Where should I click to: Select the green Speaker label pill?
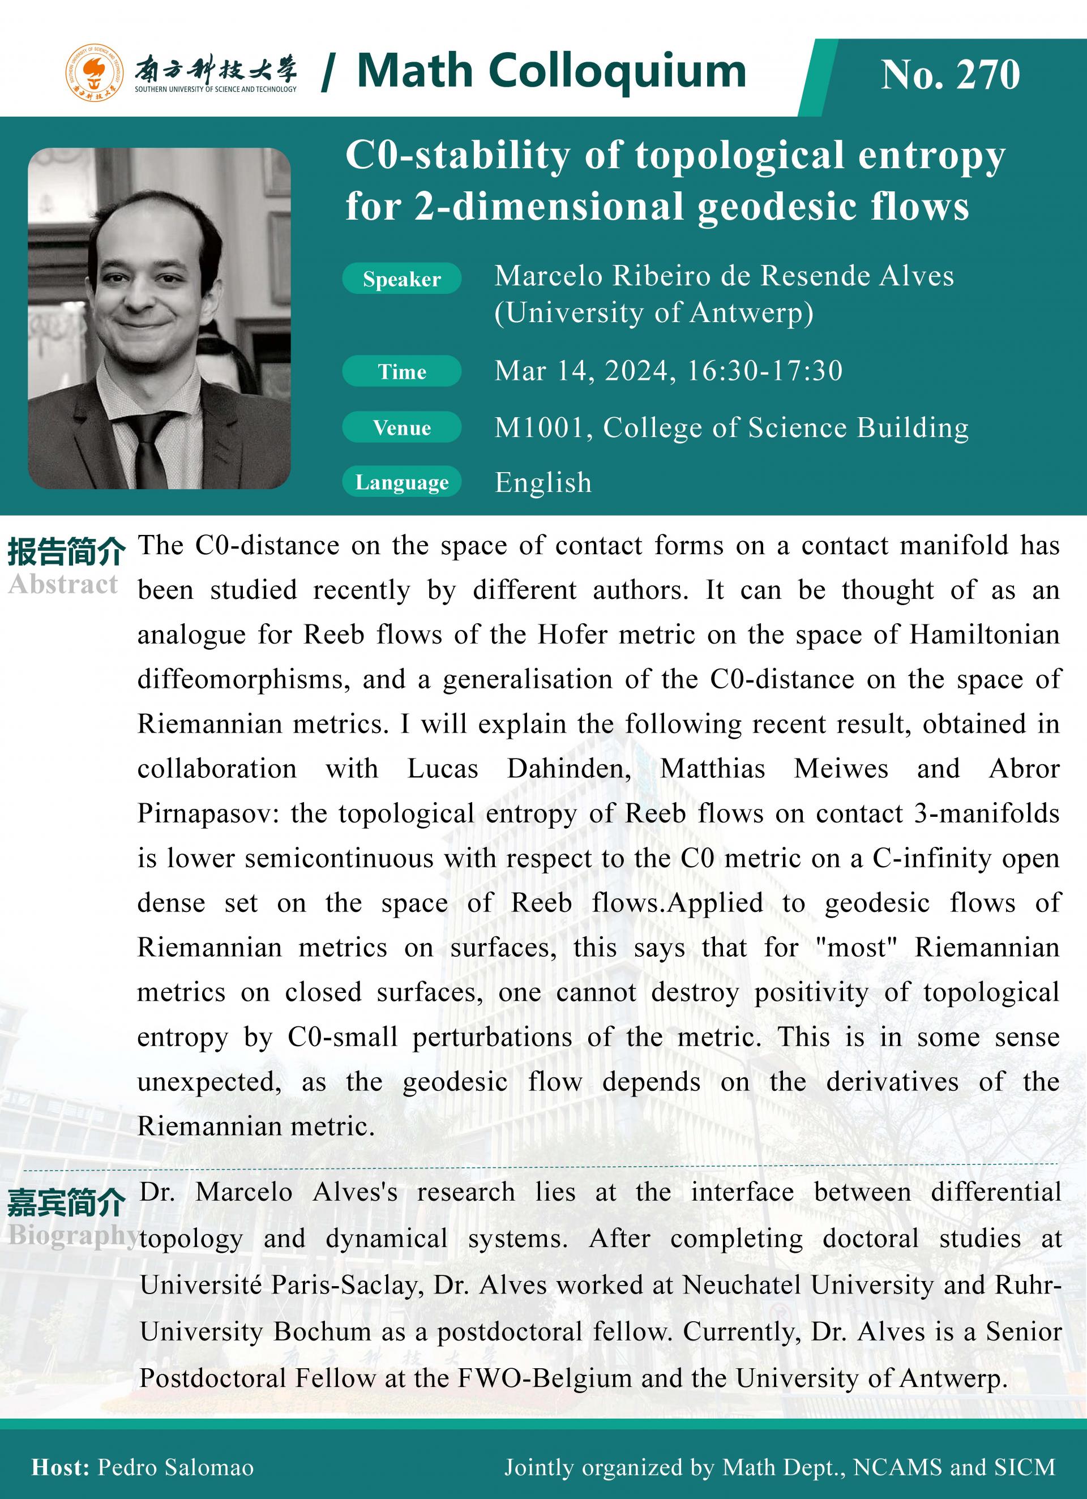(401, 280)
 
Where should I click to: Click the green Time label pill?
(401, 371)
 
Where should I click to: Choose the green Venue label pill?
(401, 427)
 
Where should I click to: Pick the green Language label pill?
(401, 482)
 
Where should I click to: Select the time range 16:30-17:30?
(765, 371)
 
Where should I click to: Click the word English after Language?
(543, 483)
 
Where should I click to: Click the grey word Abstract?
(63, 584)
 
